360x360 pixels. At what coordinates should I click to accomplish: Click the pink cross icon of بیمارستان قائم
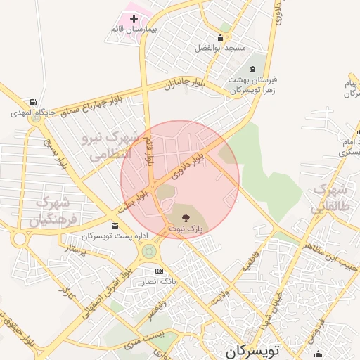[134, 18]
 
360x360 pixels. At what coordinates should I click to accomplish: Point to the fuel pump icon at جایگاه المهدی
[32, 101]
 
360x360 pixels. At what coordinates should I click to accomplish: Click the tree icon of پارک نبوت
[186, 218]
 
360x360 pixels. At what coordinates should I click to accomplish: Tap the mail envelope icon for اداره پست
[115, 225]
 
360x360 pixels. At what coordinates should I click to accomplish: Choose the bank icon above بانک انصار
[158, 271]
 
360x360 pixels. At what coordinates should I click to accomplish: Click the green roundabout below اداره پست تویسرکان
[148, 250]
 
